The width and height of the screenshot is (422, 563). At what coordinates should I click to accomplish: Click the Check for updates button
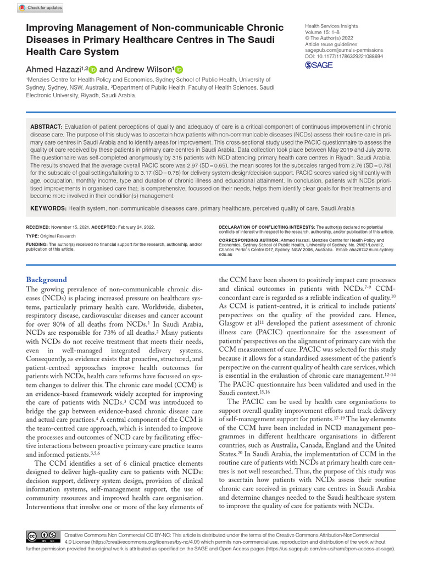[x=41, y=8]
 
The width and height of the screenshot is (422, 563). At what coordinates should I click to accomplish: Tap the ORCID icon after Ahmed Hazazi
[x=92, y=70]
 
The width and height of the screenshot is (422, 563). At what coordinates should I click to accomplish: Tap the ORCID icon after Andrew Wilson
[x=179, y=70]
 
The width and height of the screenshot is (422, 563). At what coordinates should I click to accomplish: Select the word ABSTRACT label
[x=46, y=126]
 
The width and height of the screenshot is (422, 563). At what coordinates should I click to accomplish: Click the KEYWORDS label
[x=48, y=208]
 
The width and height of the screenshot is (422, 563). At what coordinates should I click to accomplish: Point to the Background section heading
[x=47, y=279]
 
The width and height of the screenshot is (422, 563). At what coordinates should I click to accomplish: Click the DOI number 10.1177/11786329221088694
[x=350, y=56]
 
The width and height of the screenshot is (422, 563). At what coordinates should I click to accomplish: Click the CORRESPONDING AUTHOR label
[x=246, y=241]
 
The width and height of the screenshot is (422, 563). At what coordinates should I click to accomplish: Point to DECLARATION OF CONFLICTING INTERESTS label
[x=266, y=227]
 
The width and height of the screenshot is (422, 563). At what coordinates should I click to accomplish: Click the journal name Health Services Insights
[x=331, y=26]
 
